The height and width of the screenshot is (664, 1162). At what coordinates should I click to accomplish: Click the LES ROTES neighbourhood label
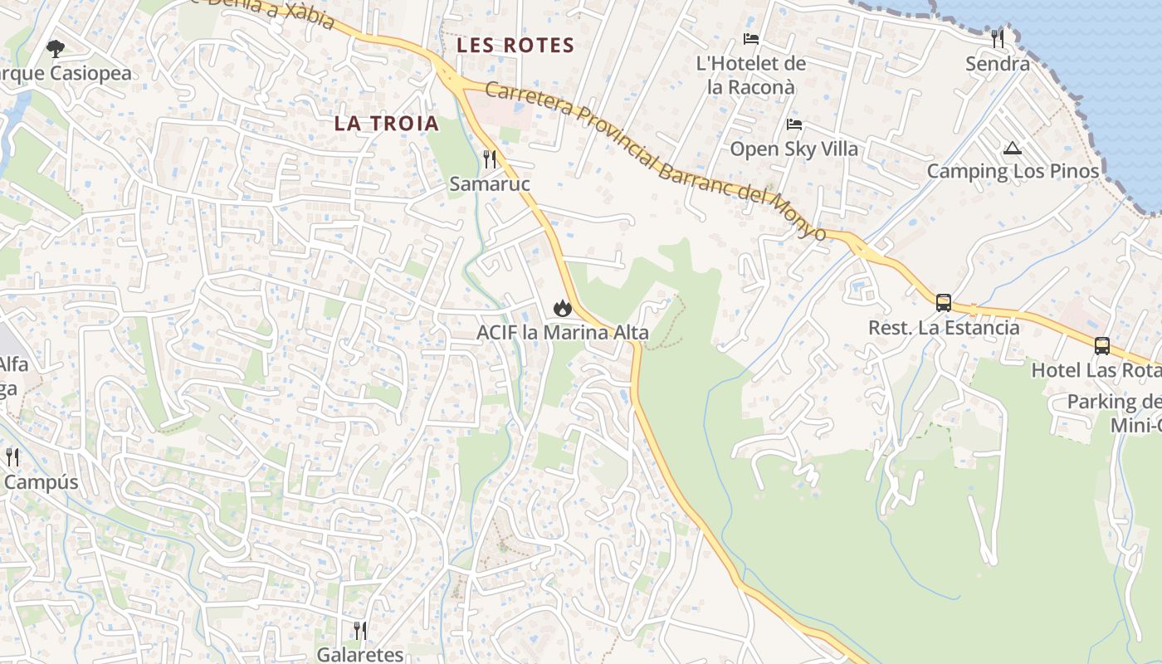[x=515, y=45]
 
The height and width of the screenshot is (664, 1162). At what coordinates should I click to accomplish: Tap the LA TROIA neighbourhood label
[x=386, y=124]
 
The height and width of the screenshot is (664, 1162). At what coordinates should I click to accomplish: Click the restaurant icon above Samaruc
[x=490, y=159]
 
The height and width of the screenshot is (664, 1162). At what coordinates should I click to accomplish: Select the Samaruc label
[x=490, y=183]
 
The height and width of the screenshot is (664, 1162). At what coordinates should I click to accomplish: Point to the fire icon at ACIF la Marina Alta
[x=563, y=308]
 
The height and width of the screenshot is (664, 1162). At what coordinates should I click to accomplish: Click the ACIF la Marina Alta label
[x=563, y=333]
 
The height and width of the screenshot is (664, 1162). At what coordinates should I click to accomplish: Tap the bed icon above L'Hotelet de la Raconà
[x=751, y=39]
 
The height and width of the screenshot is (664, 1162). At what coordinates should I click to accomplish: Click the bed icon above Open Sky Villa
[x=794, y=125]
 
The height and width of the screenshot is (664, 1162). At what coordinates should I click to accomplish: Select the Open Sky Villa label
[x=794, y=149]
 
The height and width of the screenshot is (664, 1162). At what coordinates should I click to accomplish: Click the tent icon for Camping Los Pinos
[x=1012, y=149]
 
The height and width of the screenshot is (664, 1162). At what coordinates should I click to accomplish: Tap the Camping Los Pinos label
[x=1013, y=172]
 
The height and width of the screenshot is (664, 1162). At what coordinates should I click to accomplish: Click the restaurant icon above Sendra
[x=998, y=38]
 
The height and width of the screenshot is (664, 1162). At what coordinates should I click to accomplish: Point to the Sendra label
[x=998, y=63]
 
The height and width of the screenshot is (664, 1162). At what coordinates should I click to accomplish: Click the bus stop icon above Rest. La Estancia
[x=944, y=302]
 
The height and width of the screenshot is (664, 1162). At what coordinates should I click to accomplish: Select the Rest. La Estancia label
[x=944, y=327]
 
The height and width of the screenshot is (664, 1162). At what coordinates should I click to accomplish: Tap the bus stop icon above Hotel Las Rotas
[x=1102, y=345]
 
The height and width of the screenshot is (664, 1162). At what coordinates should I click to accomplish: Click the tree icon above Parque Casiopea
[x=56, y=49]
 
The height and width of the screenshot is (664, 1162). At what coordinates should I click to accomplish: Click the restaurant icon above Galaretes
[x=360, y=631]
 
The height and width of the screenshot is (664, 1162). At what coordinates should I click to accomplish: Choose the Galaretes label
[x=360, y=655]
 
